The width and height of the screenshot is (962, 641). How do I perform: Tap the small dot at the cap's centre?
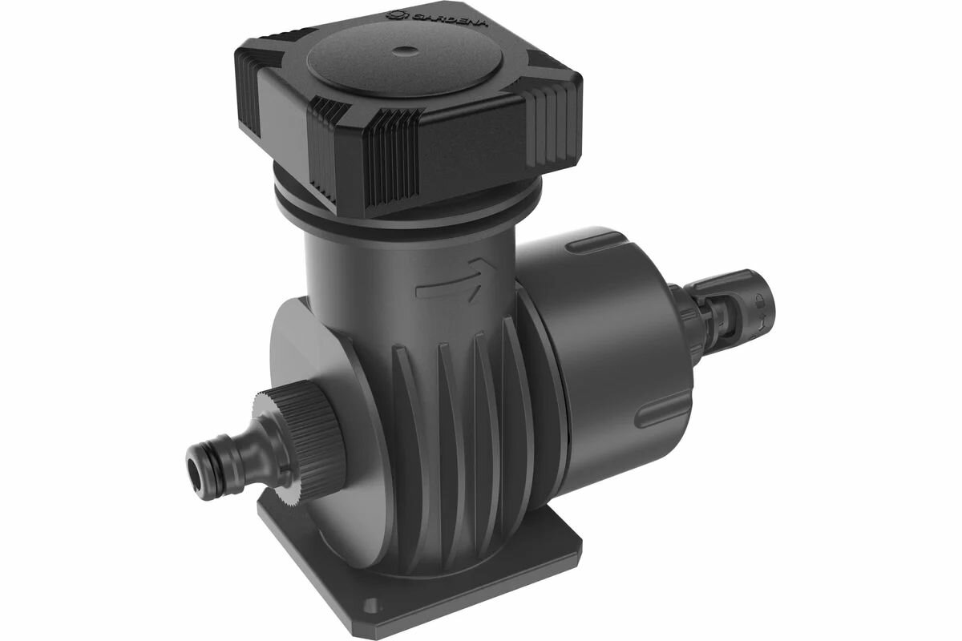click(x=406, y=51)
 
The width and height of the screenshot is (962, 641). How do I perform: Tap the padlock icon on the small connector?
click(x=759, y=298)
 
